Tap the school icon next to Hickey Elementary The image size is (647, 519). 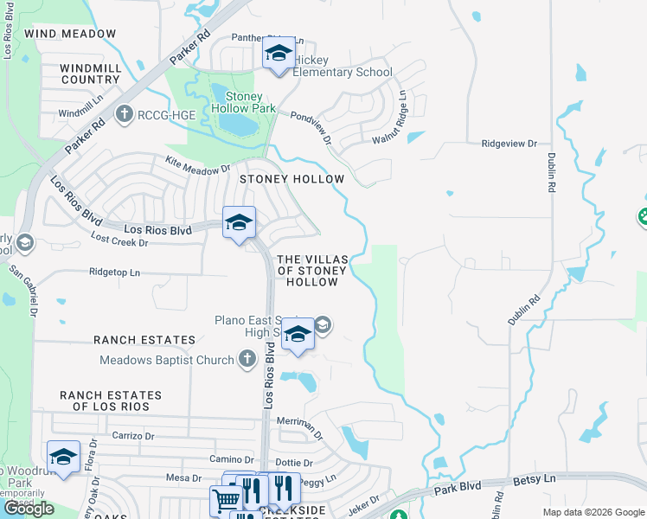coord(279,55)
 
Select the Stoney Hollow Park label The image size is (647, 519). coord(250,103)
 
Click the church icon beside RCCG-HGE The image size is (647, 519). coord(125,113)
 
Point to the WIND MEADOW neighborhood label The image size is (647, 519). coord(70,34)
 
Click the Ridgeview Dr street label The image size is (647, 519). coord(509,143)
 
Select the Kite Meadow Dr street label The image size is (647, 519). coord(198,163)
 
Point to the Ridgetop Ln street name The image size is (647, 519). coord(113,272)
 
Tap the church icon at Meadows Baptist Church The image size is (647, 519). coord(247,359)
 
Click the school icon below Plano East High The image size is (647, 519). coord(298,334)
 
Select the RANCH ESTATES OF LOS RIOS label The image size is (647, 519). coord(111,400)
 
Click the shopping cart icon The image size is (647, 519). coord(225,499)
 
